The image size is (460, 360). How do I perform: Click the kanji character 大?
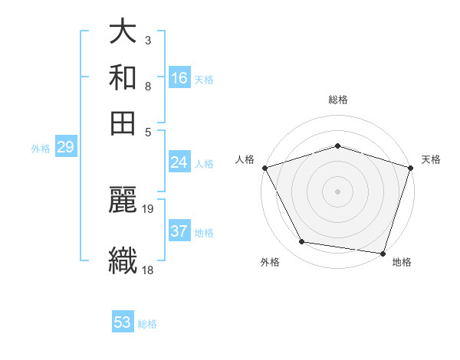coord(123,33)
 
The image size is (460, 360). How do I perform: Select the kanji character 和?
coord(123,78)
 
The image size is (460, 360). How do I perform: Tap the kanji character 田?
coord(123,123)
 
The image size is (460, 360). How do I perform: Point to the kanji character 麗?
coord(123,201)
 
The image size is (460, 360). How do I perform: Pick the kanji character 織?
coord(123,258)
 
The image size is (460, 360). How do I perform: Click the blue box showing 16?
coord(179,78)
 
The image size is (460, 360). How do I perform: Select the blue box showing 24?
coord(179,162)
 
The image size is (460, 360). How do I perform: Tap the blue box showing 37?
coord(179,231)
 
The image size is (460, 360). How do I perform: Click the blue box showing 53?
coord(123,322)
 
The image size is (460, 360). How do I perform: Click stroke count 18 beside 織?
coord(148,269)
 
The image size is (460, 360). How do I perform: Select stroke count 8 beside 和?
coord(147,87)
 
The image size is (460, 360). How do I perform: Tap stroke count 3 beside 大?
coord(147,40)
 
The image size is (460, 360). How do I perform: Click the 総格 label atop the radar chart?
coord(338,100)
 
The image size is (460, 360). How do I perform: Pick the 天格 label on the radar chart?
coord(431,159)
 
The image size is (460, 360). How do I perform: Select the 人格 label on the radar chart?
coord(245,159)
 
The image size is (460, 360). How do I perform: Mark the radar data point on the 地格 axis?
coord(383,253)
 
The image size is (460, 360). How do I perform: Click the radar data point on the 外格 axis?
coord(302,242)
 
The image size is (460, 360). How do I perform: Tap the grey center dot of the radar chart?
coord(338,191)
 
